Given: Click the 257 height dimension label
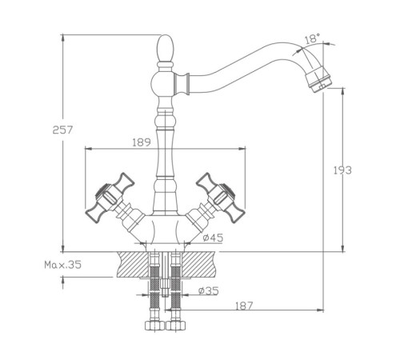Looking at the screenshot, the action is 62,130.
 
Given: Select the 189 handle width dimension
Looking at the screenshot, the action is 142,142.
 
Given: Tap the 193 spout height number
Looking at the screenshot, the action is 342,170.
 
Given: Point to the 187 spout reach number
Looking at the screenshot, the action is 244,306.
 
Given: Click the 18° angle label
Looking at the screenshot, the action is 312,38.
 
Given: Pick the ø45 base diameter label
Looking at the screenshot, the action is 213,238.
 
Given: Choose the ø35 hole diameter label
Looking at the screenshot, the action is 209,290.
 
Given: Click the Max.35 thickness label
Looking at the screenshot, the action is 62,265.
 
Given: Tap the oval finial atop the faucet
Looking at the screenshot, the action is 166,48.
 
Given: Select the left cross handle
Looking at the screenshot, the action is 110,198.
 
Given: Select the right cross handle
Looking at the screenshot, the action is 221,198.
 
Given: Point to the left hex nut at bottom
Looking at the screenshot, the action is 154,326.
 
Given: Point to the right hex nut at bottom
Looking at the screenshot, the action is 176,326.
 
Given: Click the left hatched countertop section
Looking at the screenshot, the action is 133,264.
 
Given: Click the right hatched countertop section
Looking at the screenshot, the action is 198,264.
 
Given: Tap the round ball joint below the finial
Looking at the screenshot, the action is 162,82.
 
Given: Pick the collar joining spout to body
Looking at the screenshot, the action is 182,82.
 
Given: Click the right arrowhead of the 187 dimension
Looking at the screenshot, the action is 320,310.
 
